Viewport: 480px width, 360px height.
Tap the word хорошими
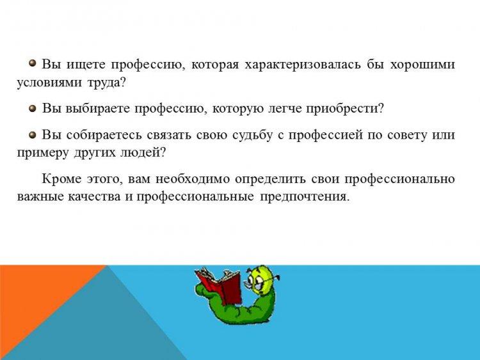422,65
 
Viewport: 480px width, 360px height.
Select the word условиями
49,83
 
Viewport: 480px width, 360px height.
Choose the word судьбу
252,135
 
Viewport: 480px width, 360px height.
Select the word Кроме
61,178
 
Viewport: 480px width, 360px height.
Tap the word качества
94,197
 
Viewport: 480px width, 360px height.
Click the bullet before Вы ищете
33,63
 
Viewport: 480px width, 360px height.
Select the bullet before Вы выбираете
33,108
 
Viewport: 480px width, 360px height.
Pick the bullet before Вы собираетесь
33,134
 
